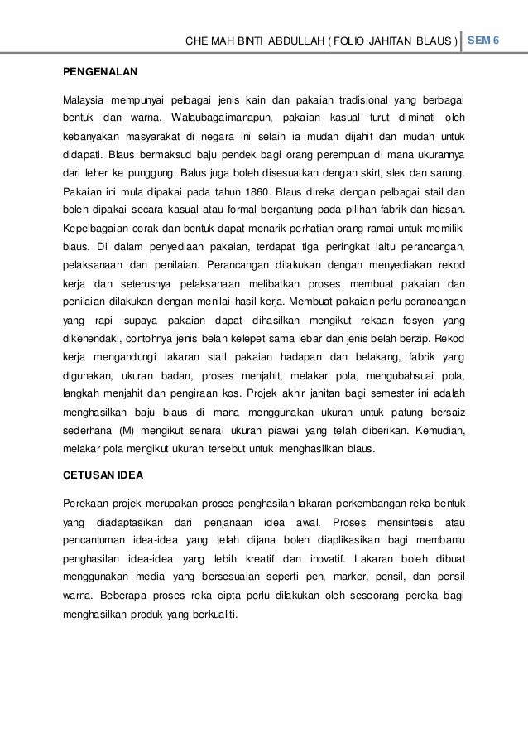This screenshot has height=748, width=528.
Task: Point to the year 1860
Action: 238,191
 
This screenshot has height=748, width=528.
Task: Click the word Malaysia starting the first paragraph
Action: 85,100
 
